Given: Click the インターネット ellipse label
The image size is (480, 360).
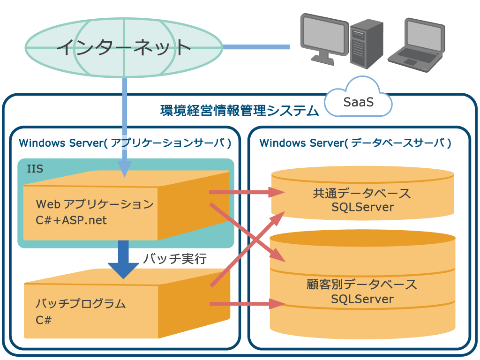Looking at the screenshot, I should tap(124, 47).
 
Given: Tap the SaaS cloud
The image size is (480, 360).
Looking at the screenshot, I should tap(359, 101).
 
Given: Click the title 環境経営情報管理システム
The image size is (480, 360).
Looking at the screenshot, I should tap(240, 111).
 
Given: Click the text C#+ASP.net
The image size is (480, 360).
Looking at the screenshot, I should tap(71, 220).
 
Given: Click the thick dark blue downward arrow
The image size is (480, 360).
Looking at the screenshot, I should tap(123, 260).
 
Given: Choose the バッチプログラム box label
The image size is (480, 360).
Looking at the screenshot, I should tap(81, 304).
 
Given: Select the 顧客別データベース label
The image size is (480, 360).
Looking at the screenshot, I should tap(362, 284).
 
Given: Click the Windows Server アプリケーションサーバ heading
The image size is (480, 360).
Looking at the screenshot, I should tap(125, 143).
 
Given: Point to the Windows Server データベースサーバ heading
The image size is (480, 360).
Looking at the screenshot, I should tap(355, 143).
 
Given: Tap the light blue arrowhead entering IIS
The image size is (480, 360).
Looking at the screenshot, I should tap(124, 169).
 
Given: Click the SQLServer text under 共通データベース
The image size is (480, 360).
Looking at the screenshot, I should tap(362, 207).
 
